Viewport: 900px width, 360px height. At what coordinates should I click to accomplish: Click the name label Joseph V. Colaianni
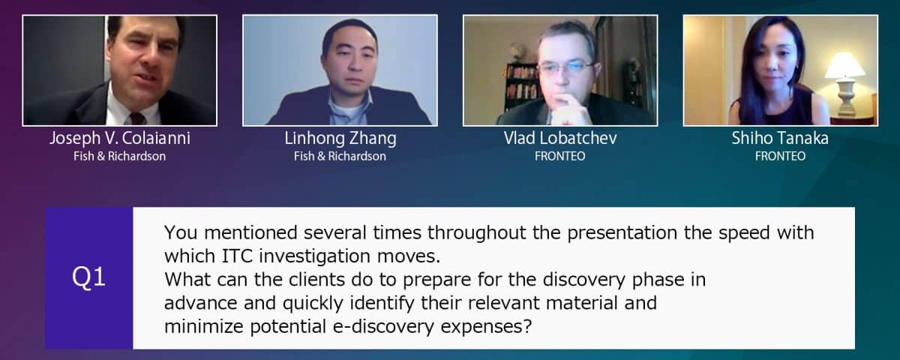(x=120, y=139)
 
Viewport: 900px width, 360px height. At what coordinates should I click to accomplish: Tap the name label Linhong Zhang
(x=340, y=139)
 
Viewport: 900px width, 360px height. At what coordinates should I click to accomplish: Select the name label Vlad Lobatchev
(x=560, y=138)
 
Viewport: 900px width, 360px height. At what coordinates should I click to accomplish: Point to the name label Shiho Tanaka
(x=780, y=138)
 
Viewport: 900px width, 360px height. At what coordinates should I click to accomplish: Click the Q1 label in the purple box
(x=88, y=277)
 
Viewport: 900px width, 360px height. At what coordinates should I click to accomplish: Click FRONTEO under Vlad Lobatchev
(x=559, y=156)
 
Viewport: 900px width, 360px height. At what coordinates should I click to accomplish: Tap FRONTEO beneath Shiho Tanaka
(x=780, y=156)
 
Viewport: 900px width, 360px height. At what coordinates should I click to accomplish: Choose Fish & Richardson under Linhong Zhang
(x=340, y=156)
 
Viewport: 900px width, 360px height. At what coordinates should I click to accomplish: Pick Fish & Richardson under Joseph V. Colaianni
(x=119, y=156)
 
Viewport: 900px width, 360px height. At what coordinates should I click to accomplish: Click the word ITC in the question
(x=237, y=256)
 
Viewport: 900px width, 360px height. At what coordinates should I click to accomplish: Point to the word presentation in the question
(x=622, y=233)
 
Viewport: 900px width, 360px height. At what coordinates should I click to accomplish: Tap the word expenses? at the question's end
(x=486, y=327)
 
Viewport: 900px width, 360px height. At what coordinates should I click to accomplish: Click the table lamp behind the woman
(x=845, y=84)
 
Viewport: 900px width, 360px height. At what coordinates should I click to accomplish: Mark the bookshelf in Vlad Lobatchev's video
(x=520, y=85)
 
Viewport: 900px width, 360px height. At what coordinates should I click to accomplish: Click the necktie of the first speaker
(x=137, y=119)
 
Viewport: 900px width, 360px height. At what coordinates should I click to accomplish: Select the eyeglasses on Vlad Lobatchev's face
(x=565, y=67)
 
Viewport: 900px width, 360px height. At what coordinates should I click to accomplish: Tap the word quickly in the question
(x=313, y=304)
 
